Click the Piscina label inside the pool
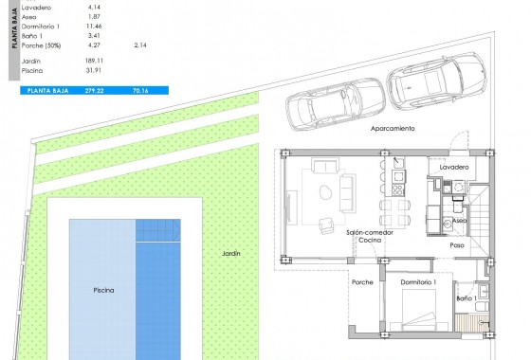(x=104, y=290)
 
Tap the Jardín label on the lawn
(x=231, y=254)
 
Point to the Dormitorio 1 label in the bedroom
(x=418, y=283)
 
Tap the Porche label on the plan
(x=362, y=283)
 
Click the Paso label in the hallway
(x=457, y=244)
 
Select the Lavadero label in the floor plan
(x=454, y=167)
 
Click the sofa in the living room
(x=324, y=168)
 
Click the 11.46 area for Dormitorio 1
(x=93, y=27)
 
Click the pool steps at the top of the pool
(x=156, y=231)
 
